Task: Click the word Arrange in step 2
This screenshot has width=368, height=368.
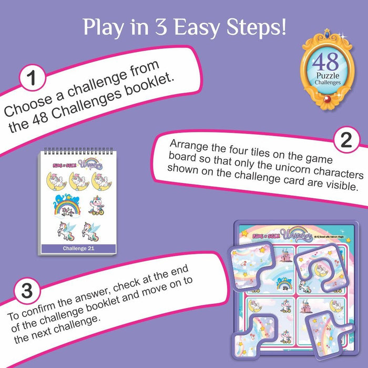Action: [x=187, y=145]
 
